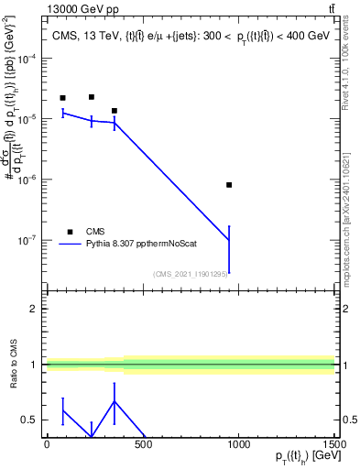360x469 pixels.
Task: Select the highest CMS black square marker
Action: pyautogui.click(x=92, y=97)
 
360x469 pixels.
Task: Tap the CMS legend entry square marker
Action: pyautogui.click(x=69, y=232)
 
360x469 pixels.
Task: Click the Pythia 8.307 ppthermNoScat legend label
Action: pyautogui.click(x=136, y=245)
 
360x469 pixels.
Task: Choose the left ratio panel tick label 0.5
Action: pyautogui.click(x=29, y=420)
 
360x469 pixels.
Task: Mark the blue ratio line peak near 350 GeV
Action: pyautogui.click(x=114, y=400)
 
